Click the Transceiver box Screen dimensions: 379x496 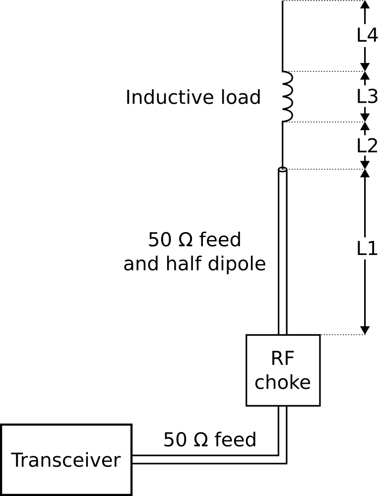coord(66,460)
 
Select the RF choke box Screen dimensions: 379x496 coord(283,370)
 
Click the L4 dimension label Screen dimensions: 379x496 coord(367,35)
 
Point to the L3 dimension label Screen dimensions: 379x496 coord(367,97)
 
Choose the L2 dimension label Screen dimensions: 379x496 coord(367,146)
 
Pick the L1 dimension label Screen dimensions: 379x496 coord(367,248)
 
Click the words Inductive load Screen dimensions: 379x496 coord(193,97)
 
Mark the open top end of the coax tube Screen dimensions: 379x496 coord(283,170)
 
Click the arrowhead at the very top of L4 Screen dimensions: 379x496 coord(365,4)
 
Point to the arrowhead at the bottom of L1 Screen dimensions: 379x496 coord(365,330)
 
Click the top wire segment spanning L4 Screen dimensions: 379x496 coord(282,36)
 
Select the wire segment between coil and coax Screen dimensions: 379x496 coord(282,144)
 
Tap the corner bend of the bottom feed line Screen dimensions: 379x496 coord(283,460)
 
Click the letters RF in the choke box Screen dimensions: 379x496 coord(282,359)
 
